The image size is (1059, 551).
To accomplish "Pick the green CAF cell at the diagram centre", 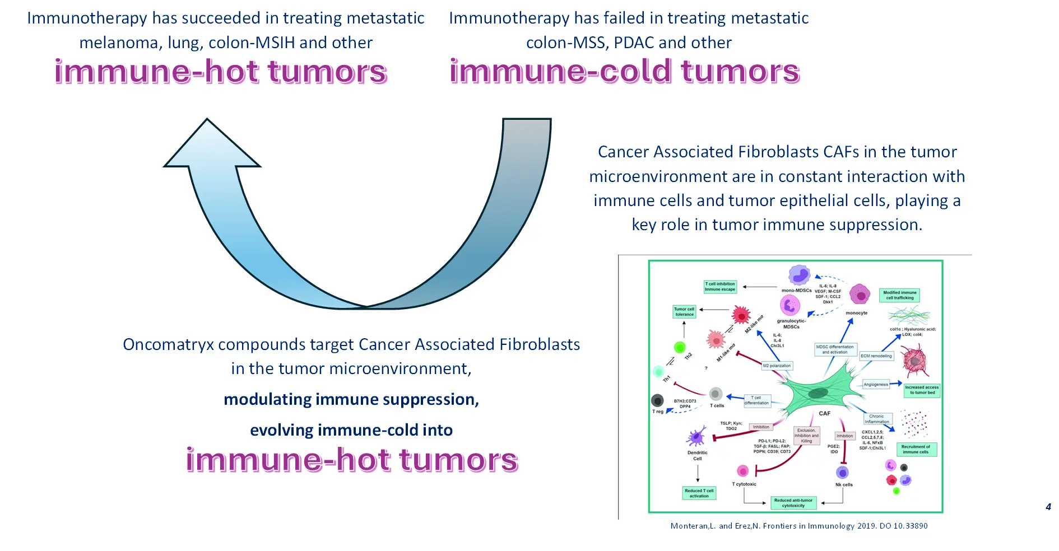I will tap(818, 392).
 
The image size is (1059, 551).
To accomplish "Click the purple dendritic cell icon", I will tap(696, 437).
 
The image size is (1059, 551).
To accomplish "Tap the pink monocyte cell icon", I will tap(859, 294).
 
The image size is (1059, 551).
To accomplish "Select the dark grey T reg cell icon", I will tap(657, 400).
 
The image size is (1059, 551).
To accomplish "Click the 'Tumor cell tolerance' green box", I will tap(684, 312).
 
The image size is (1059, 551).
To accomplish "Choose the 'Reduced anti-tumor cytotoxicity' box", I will tap(793, 503).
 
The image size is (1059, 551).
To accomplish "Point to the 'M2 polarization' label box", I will tap(777, 366).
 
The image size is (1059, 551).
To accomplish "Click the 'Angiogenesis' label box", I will tap(876, 384).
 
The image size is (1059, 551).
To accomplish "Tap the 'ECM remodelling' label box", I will tap(876, 356).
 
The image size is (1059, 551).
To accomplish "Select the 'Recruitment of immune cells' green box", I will tap(916, 450).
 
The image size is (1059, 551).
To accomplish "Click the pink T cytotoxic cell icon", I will tap(742, 471).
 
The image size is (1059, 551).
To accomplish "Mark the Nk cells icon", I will tap(842, 472).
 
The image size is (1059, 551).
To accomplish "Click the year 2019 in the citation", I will tap(866, 526).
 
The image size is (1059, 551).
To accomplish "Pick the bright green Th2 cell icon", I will tap(680, 347).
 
